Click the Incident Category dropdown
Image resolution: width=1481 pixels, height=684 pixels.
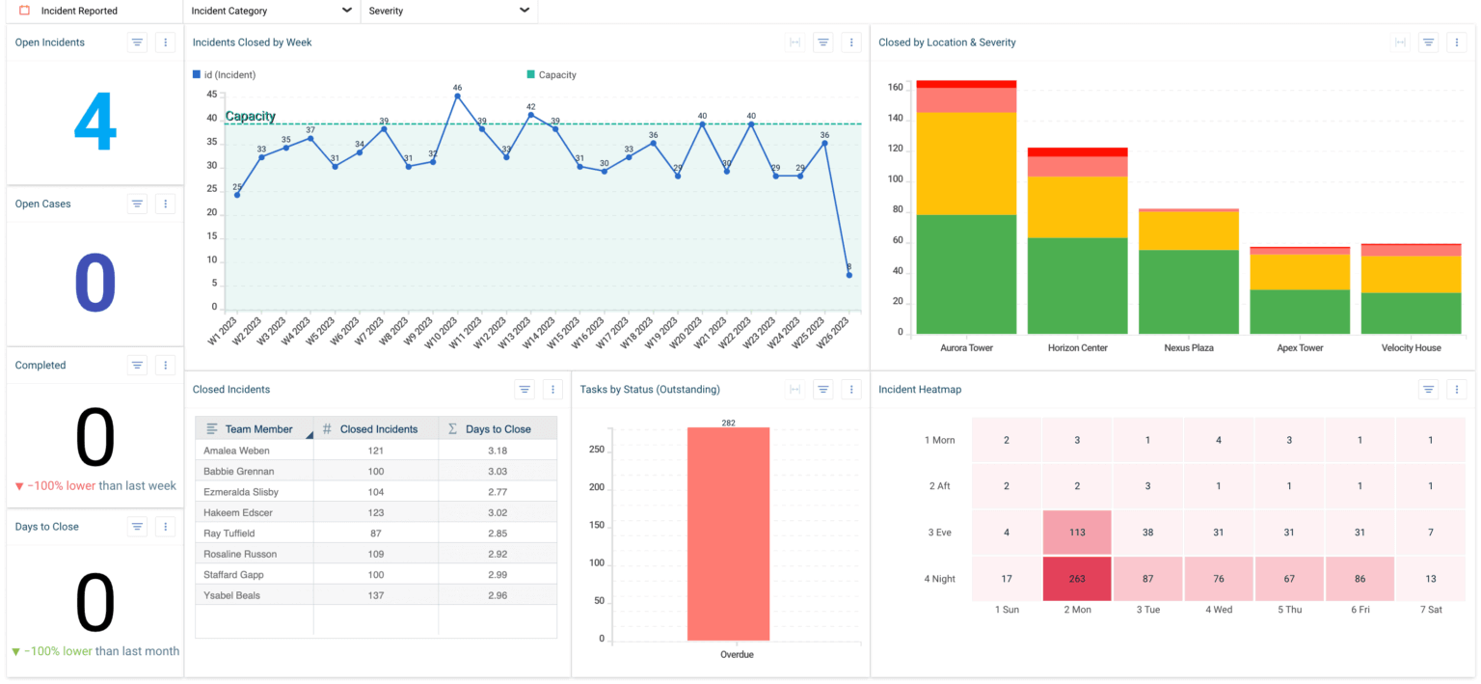[x=271, y=11]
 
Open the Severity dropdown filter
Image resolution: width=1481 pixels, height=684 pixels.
[x=448, y=11]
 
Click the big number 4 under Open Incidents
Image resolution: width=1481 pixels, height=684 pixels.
[x=94, y=124]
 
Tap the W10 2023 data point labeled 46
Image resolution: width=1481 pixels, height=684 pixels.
[x=457, y=96]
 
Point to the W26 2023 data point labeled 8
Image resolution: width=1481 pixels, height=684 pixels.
[x=848, y=275]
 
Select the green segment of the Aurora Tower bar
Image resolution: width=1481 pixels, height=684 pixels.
[x=966, y=274]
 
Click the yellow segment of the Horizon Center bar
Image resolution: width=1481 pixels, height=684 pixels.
[x=1077, y=206]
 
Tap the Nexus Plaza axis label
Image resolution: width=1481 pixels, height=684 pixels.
[x=1189, y=348]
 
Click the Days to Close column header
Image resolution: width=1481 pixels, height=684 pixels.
[x=498, y=429]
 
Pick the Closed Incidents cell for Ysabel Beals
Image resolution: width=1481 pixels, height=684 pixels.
[x=375, y=596]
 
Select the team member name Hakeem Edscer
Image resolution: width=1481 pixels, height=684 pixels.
[x=237, y=513]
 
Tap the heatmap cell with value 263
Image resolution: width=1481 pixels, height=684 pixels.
[x=1077, y=579]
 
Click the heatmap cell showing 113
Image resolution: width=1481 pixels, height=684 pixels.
[x=1077, y=533]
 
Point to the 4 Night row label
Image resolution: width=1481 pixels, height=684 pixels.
[x=939, y=579]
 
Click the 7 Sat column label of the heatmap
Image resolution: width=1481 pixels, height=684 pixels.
[x=1430, y=610]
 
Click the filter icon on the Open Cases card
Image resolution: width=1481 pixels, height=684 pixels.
[x=137, y=204]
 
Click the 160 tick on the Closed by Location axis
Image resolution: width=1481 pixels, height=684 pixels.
[x=895, y=88]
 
